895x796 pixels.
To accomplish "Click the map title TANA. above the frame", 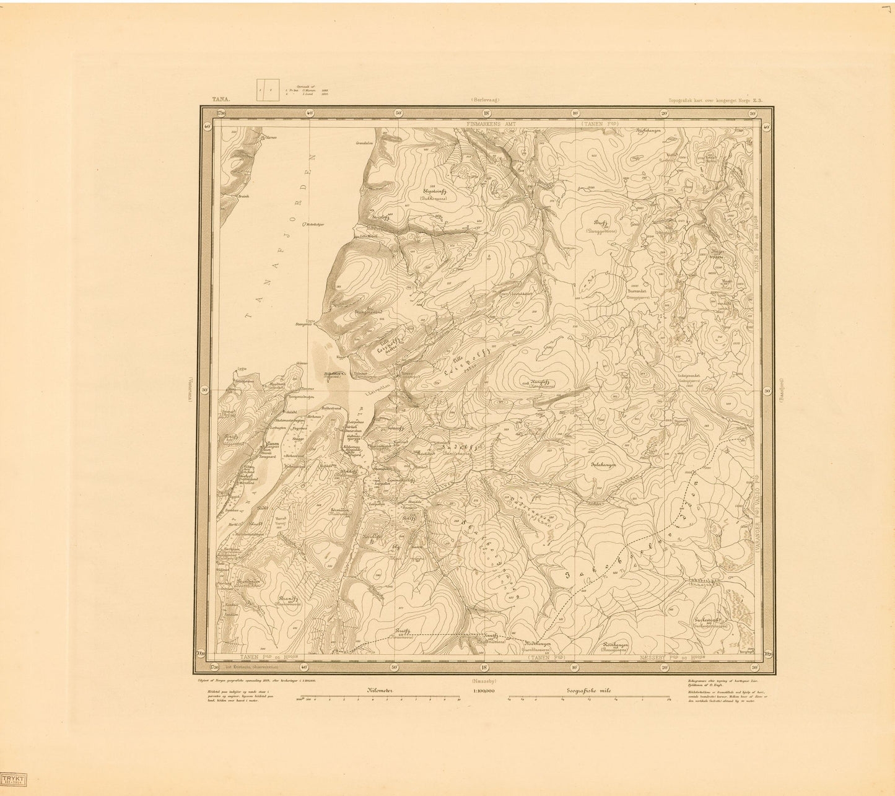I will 220,98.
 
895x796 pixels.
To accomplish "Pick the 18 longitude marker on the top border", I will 486,113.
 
